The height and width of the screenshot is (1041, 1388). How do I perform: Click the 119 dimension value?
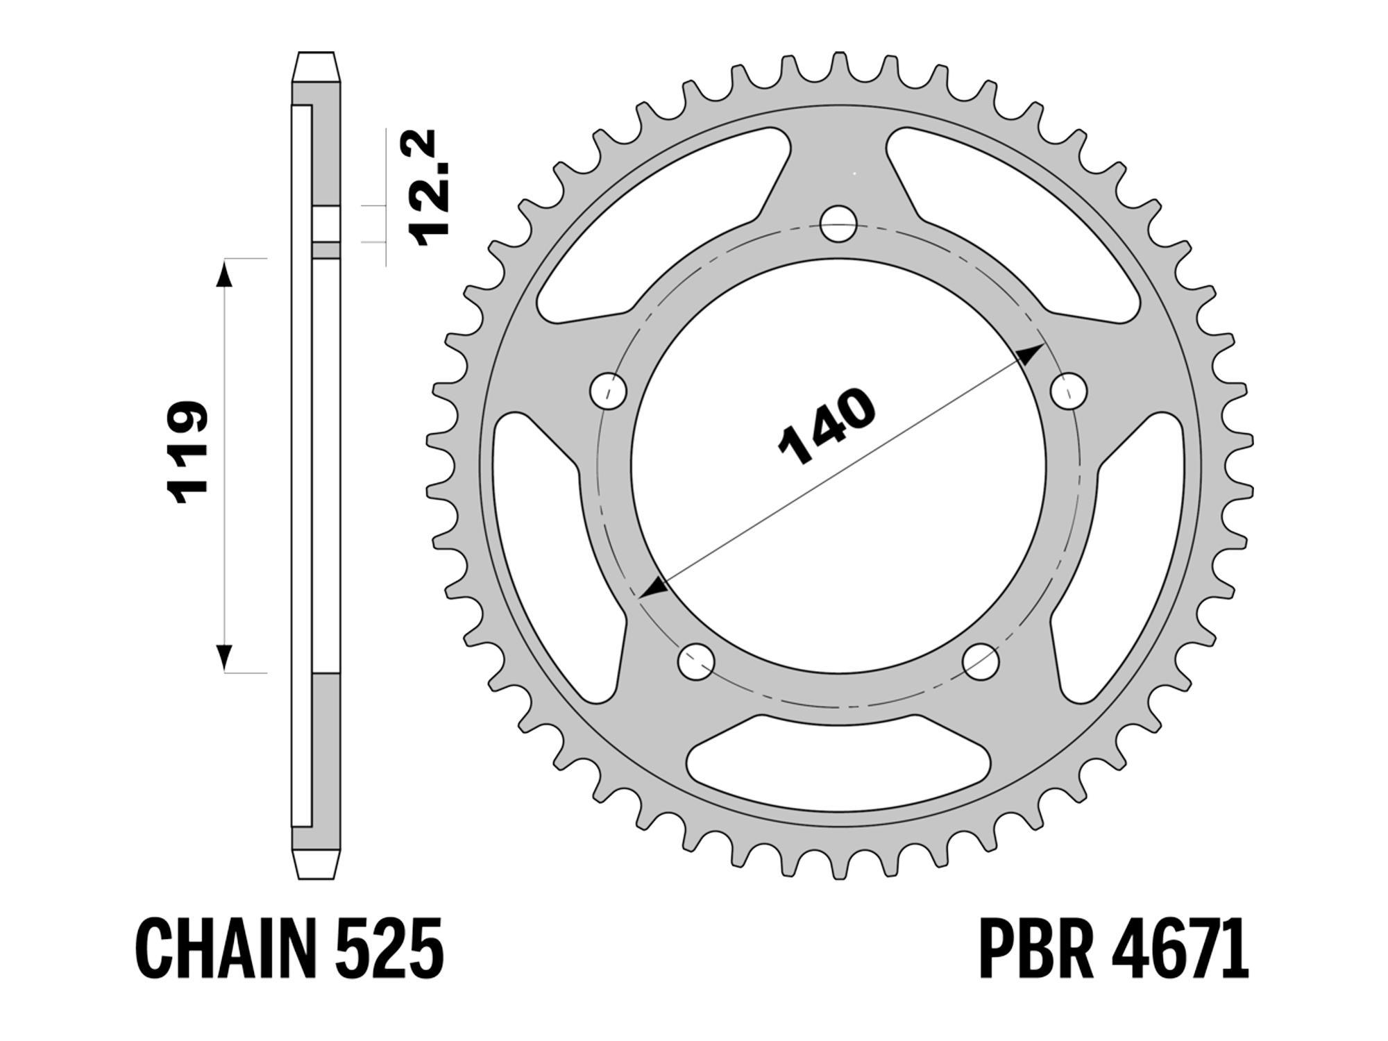187,451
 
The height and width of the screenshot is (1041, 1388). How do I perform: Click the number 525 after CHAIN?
389,948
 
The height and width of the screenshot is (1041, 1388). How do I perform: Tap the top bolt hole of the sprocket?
838,223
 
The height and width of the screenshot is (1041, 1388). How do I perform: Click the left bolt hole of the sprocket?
608,391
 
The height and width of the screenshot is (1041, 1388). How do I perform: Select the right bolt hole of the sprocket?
1069,391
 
